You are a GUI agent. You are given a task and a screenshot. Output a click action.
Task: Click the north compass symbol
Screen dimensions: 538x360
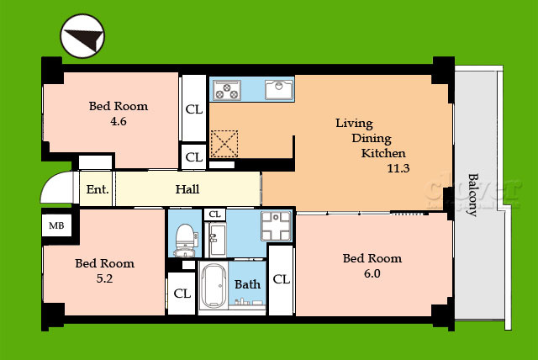tap(82, 36)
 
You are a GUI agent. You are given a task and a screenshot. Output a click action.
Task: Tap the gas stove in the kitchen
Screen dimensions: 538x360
tap(227, 90)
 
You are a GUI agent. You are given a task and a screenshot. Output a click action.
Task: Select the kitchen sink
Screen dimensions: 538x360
tap(279, 89)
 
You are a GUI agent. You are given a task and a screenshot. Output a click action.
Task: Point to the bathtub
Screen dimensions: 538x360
tap(214, 286)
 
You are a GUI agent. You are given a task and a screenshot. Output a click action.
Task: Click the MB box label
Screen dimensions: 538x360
tap(56, 225)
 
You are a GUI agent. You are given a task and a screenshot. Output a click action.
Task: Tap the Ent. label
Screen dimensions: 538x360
tap(98, 189)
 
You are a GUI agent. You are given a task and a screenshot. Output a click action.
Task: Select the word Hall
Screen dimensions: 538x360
tap(187, 189)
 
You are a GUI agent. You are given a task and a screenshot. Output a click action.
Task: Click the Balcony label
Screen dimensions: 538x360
tap(473, 195)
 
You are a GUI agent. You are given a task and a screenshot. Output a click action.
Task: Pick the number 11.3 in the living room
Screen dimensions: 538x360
tap(398, 168)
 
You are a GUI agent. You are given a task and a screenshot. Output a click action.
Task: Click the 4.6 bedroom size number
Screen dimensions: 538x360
tap(119, 121)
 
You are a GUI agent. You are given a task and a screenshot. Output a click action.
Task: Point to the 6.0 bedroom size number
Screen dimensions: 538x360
tap(372, 273)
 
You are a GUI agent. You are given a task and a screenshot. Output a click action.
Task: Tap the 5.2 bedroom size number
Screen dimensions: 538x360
tap(104, 278)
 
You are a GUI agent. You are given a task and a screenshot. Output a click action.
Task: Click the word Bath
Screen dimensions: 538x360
tap(247, 284)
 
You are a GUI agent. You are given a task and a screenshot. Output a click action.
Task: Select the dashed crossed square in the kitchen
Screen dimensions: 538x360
tap(224, 144)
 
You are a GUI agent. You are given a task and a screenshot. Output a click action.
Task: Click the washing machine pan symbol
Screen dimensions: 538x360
tap(276, 225)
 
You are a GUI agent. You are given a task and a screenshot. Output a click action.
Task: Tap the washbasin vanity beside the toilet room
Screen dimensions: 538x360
tap(216, 240)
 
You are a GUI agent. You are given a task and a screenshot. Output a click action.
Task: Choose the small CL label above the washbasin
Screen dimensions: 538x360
tap(215, 214)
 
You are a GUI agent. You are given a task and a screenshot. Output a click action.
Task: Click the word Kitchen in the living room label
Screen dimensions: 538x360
tap(383, 153)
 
